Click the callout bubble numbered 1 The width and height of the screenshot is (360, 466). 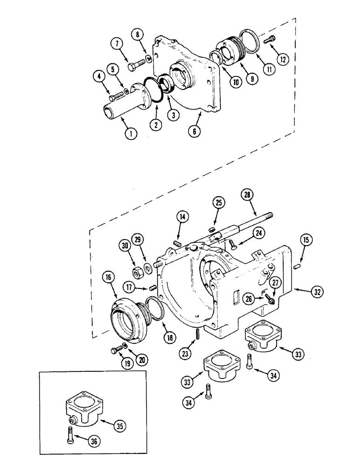pyautogui.click(x=132, y=133)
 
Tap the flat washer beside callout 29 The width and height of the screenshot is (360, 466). pyautogui.click(x=148, y=267)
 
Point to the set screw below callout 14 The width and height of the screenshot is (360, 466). pyautogui.click(x=177, y=243)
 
